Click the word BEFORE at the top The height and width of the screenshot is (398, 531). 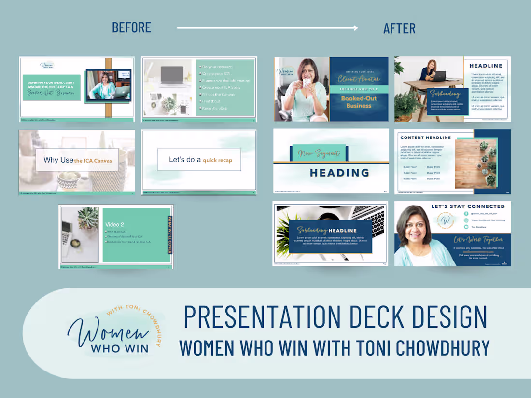tap(131, 27)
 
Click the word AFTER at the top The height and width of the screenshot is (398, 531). tap(399, 28)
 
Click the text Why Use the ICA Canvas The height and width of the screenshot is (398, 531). tap(77, 160)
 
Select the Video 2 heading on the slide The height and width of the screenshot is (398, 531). tap(115, 224)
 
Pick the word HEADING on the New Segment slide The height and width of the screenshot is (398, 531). tap(339, 173)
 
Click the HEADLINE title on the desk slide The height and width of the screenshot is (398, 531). tap(486, 66)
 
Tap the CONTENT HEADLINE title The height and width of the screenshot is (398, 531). tap(425, 137)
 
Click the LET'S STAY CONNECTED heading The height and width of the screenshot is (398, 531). tap(468, 206)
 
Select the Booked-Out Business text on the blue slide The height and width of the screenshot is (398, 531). tap(359, 102)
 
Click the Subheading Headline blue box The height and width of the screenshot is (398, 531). tap(331, 235)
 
